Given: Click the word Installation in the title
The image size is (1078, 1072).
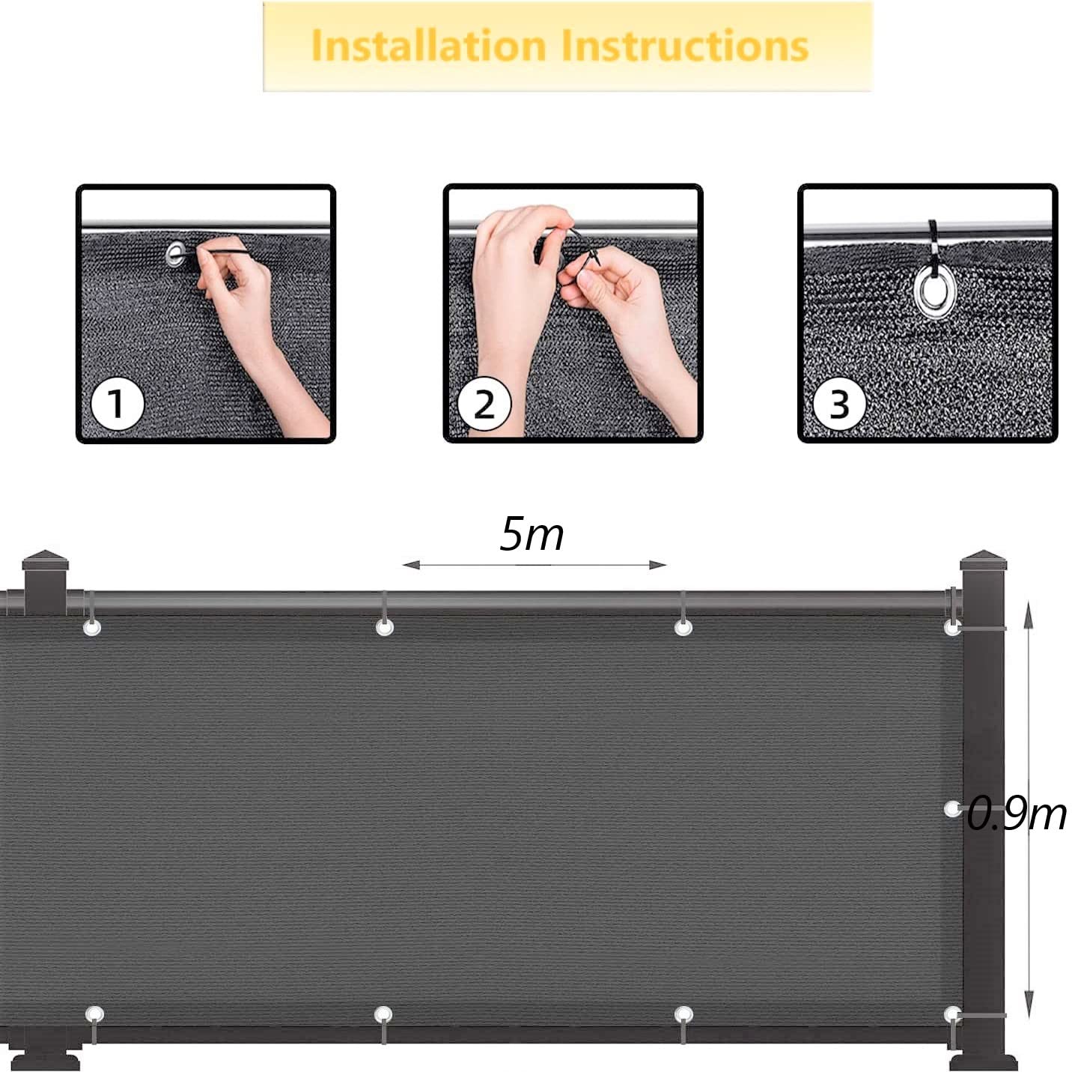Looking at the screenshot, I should [428, 46].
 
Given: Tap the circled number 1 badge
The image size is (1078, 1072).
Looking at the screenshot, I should [116, 405].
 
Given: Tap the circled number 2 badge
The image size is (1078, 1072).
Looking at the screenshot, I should [484, 405].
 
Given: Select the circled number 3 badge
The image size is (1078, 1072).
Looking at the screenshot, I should [839, 405].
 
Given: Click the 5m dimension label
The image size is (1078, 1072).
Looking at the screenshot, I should [532, 534].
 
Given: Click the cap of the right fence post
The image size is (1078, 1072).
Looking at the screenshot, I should [983, 560].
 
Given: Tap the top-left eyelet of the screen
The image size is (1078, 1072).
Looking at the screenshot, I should [92, 627].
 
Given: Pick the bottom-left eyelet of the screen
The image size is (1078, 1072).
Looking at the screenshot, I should [94, 1015].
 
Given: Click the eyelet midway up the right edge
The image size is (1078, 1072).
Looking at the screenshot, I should [952, 809].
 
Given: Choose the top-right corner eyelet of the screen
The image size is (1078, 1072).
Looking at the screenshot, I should [952, 627].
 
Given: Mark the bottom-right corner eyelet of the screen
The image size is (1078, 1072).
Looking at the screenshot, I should [952, 1015].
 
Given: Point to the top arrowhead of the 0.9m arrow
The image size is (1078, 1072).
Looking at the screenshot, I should [1029, 614].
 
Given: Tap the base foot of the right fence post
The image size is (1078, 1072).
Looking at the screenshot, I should [983, 1062].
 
